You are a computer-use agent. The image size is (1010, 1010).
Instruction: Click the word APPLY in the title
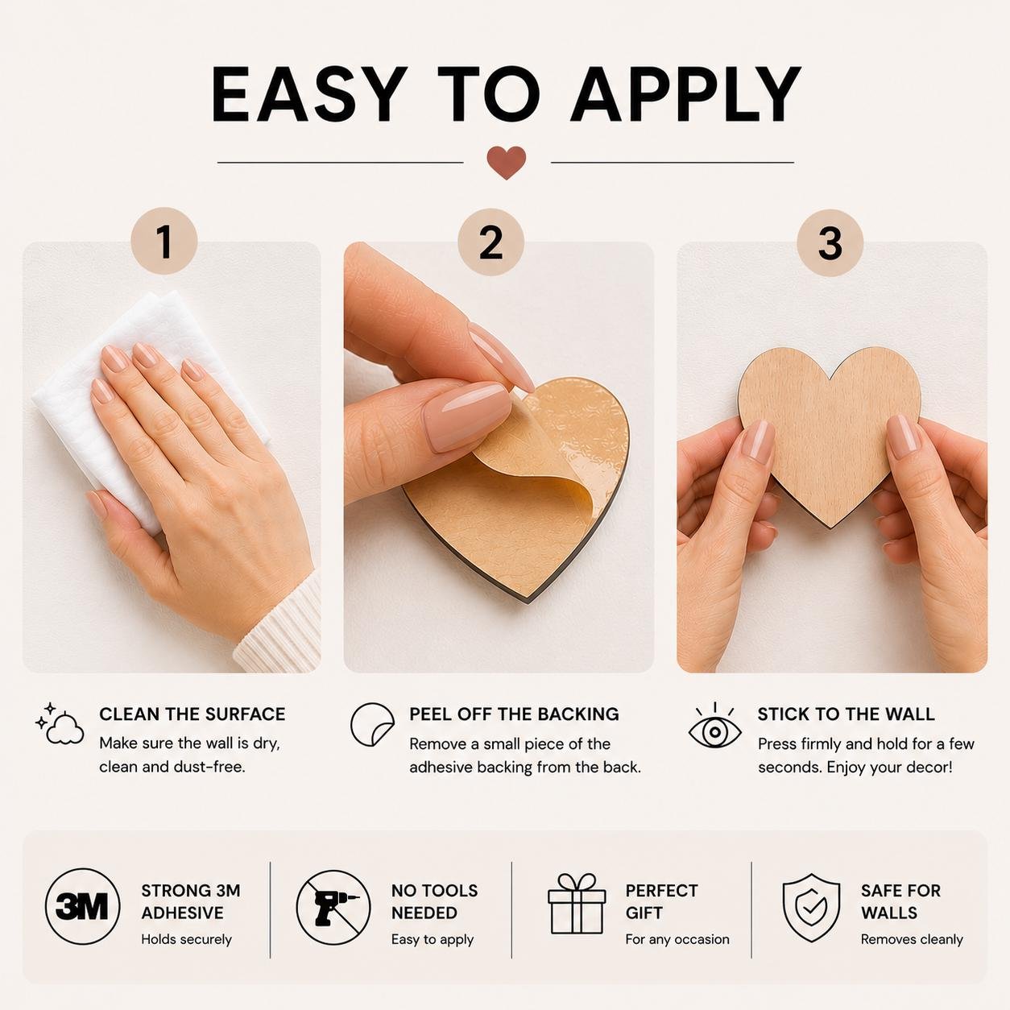[685, 94]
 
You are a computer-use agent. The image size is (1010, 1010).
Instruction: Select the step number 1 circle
[164, 241]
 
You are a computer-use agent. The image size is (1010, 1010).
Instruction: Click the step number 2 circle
[491, 242]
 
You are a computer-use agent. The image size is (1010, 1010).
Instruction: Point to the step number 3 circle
[830, 242]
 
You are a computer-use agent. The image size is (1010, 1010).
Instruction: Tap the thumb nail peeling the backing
[466, 416]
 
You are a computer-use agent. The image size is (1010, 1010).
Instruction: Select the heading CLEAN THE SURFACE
[192, 714]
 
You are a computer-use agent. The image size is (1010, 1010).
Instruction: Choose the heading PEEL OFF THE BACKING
[514, 714]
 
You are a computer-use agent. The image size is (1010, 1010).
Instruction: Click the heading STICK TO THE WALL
[846, 714]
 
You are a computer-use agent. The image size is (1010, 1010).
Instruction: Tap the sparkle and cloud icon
[60, 724]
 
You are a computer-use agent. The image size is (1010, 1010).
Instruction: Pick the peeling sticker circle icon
[372, 725]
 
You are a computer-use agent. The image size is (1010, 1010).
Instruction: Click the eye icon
[714, 726]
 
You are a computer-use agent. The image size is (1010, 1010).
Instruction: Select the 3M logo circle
[82, 907]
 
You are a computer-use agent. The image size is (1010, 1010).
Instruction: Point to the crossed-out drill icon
[333, 907]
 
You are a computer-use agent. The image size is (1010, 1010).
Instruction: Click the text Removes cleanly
[912, 939]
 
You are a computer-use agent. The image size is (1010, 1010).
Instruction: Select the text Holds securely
[186, 939]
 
